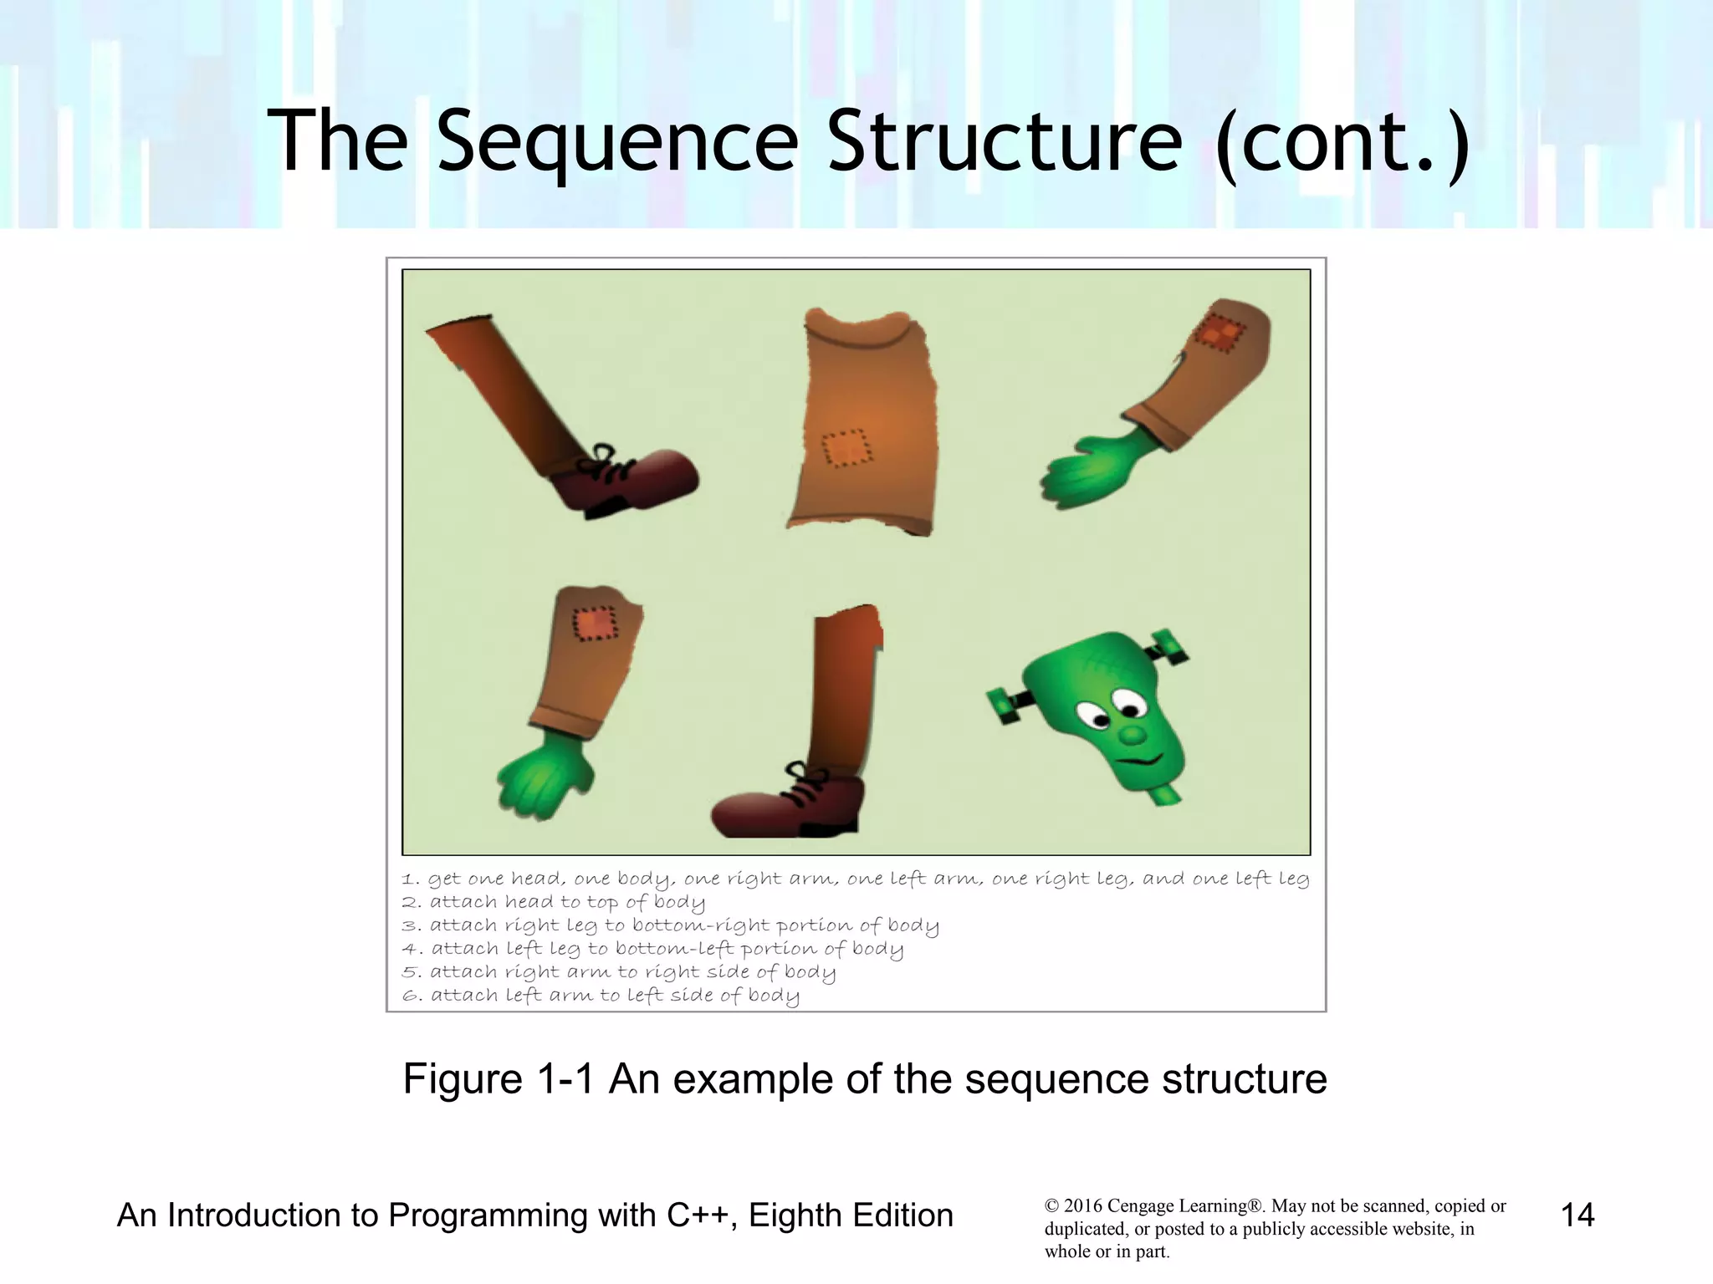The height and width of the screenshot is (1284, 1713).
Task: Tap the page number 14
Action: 1577,1215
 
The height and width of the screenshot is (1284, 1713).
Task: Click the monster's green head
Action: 1104,711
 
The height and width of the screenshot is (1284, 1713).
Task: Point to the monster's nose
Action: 1131,736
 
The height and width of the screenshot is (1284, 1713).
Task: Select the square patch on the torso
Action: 846,449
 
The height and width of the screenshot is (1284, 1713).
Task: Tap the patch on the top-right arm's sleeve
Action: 1216,332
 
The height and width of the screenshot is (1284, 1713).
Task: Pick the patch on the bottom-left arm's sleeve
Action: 595,624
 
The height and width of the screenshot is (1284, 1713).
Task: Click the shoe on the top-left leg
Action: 636,482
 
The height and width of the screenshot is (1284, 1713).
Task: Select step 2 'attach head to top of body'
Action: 554,903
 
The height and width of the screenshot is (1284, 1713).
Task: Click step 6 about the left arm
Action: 601,996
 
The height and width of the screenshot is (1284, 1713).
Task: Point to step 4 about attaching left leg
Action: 652,950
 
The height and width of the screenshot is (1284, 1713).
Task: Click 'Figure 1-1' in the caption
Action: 499,1078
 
